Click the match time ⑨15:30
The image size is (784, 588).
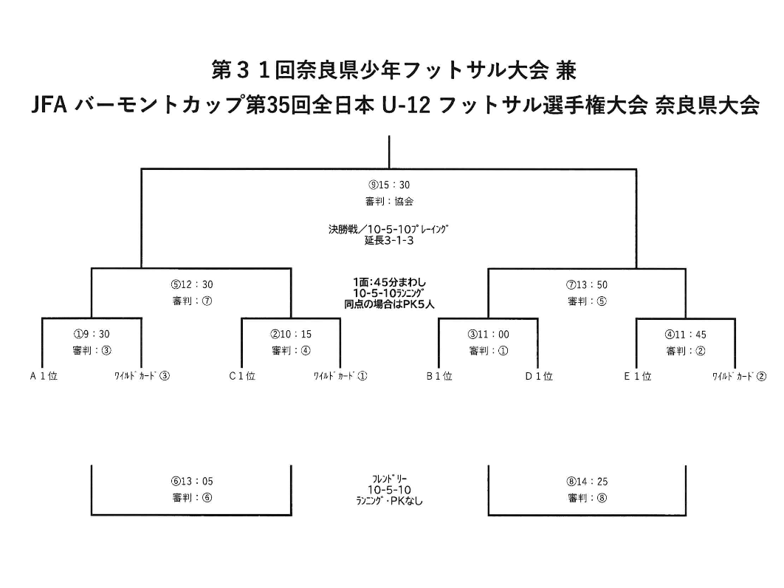[389, 185]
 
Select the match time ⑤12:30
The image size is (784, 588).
[192, 284]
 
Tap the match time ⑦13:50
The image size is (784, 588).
[587, 284]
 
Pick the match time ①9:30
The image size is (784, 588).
[92, 334]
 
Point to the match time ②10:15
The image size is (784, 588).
[291, 334]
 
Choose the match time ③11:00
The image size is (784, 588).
[489, 335]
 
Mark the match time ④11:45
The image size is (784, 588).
[686, 335]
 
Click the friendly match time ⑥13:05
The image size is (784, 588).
[192, 481]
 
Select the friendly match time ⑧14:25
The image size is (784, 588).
[587, 482]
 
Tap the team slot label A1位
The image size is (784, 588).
[44, 376]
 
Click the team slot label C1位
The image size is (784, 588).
[242, 376]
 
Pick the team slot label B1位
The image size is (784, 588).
[439, 376]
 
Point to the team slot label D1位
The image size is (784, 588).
[539, 376]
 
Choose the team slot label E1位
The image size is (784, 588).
[638, 376]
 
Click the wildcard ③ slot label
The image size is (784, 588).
[142, 376]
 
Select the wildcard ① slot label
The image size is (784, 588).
[340, 376]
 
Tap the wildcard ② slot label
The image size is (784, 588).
[739, 376]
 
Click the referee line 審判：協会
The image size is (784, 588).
[389, 201]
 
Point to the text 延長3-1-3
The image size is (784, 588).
[389, 240]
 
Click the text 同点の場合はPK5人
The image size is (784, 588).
[389, 304]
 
